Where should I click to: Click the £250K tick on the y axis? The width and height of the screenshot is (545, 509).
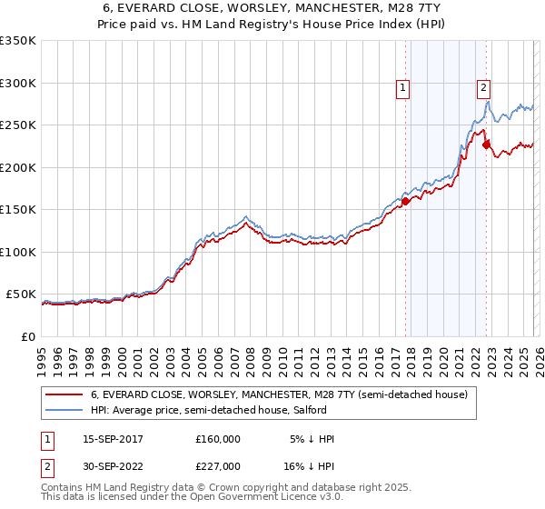18,125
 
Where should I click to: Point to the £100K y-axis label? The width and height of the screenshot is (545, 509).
18,252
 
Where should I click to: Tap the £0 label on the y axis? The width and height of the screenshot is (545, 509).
27,336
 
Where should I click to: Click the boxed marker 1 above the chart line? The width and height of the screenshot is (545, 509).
402,88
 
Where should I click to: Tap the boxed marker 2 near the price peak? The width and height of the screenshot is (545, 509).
483,88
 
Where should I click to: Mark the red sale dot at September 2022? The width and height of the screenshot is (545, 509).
487,145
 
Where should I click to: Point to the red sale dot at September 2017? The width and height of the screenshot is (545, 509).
406,202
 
